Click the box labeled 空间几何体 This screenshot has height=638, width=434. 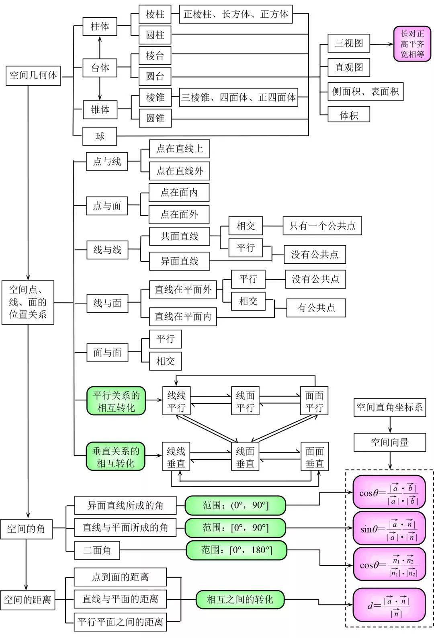point(33,76)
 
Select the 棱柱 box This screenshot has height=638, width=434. point(155,14)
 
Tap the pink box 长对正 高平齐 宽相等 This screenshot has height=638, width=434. point(412,44)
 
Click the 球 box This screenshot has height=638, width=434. point(100,136)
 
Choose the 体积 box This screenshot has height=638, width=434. point(348,115)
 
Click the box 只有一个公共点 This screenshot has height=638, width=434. point(322,226)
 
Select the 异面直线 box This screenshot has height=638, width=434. point(179,261)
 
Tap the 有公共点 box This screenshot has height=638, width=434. point(316,308)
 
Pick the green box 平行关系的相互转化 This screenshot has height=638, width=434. point(116,401)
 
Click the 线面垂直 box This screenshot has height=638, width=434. point(245,457)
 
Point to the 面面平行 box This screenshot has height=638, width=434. point(314,401)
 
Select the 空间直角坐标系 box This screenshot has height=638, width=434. point(389,408)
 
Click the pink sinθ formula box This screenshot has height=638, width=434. point(389,530)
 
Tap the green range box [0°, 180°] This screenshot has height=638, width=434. point(236,550)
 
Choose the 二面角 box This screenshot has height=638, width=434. point(97,550)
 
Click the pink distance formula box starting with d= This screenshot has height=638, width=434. point(389,605)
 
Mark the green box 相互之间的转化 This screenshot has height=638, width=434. point(240,600)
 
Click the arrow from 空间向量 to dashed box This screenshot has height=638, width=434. point(389,461)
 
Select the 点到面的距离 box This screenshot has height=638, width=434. point(120,577)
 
